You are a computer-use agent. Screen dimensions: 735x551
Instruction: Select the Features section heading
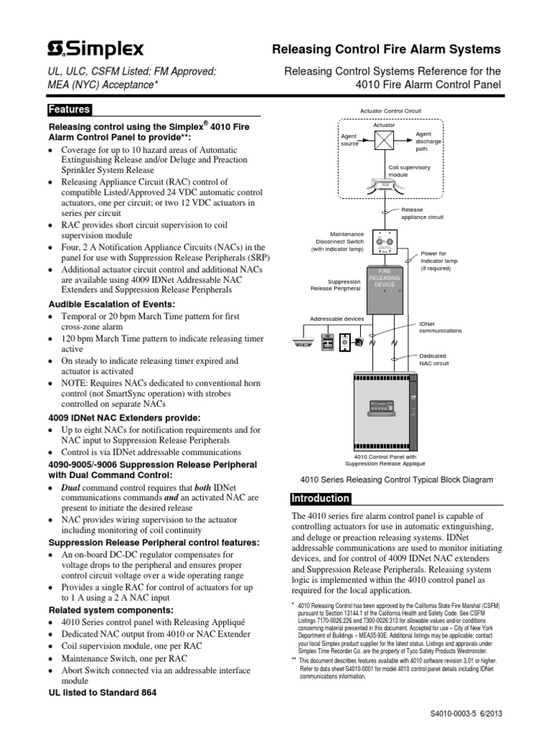coord(69,110)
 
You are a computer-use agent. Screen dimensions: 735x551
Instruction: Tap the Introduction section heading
coord(321,499)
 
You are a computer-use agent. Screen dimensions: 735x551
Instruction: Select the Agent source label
coord(350,139)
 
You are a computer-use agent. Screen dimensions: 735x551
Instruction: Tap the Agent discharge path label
coord(426,141)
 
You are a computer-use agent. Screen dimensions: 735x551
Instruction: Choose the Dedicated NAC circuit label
coord(434,360)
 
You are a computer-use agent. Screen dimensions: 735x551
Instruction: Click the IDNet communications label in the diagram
coord(440,327)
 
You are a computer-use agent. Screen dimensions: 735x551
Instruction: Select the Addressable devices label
coord(336,319)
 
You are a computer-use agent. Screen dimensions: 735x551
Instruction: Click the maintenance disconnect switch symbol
coord(385,243)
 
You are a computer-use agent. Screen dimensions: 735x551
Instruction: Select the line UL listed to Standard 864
coord(102,693)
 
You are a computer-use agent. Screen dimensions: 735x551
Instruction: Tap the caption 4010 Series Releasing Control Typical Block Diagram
coord(395,479)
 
